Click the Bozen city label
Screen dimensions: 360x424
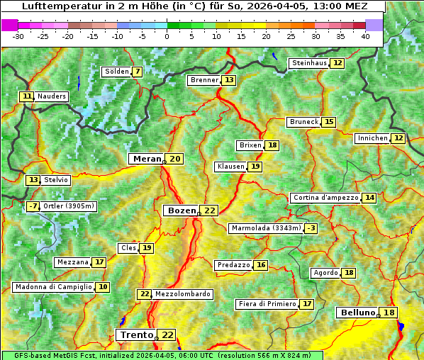[182, 210]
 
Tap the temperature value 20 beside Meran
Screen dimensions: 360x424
[174, 159]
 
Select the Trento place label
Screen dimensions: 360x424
[136, 334]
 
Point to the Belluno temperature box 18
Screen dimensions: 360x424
[389, 313]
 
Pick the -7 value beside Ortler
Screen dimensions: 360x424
[33, 206]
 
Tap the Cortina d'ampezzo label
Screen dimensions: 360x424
[325, 198]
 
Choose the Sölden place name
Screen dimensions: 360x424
[117, 72]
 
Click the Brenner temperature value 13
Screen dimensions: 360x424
[228, 80]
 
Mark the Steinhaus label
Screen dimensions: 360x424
[309, 63]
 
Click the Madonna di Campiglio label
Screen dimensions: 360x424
[53, 287]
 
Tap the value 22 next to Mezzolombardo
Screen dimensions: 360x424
[145, 294]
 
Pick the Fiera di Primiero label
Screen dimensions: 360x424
[267, 304]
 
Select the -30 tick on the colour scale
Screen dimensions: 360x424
[18, 36]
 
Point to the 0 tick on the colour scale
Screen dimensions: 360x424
[167, 36]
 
